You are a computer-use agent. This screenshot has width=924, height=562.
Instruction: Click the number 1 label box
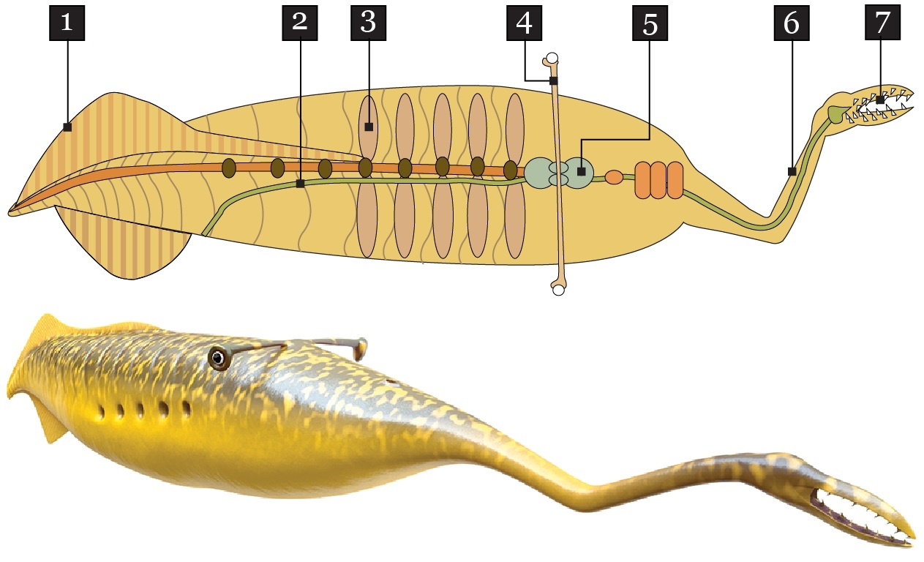67,23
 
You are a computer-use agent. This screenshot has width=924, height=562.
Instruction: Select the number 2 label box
300,23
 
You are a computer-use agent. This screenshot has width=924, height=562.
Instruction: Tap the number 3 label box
368,23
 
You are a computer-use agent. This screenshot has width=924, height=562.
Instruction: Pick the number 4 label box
524,23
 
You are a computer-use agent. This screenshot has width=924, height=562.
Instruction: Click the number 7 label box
883,23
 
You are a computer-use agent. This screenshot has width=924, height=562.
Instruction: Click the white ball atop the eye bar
553,58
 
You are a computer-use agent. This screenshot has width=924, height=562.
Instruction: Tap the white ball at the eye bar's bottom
558,290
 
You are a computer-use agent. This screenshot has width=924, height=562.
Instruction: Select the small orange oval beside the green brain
614,177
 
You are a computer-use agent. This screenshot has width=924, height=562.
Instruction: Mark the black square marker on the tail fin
67,127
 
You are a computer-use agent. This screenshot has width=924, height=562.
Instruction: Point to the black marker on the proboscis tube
792,171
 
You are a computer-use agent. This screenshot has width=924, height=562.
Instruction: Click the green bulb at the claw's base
835,113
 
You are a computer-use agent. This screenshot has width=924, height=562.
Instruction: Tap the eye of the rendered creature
218,358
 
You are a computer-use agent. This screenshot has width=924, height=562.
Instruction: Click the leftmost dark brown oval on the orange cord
229,168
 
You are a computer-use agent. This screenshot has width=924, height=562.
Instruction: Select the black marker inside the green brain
581,171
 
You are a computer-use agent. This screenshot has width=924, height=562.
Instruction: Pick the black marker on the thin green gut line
300,184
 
